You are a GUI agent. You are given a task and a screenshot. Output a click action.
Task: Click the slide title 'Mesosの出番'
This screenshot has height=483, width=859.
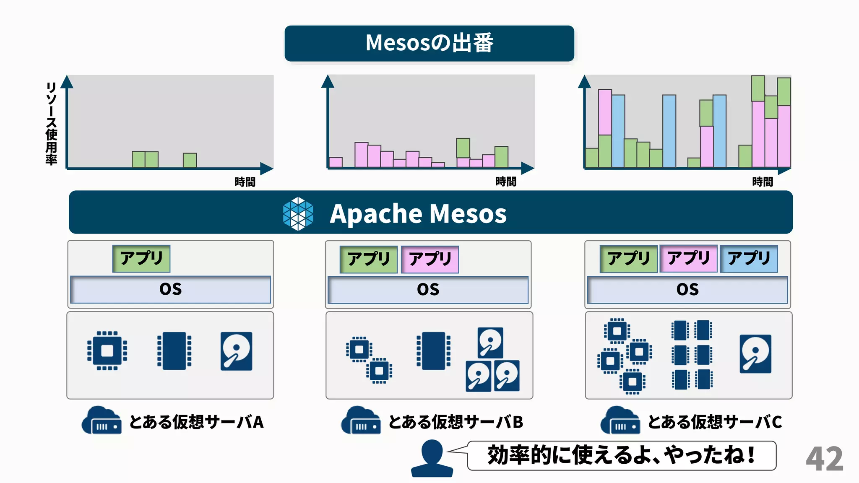coord(429,43)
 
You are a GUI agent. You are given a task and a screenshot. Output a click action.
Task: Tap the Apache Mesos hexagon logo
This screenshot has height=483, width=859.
coord(298,213)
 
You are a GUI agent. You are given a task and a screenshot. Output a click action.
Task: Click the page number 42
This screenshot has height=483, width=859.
coord(824,459)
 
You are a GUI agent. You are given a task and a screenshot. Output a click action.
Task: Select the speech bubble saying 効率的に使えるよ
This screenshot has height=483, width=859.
coord(622,455)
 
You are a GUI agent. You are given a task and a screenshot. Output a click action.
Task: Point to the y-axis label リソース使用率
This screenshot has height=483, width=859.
coord(51,123)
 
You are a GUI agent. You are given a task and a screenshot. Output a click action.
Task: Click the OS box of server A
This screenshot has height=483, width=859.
coord(170,289)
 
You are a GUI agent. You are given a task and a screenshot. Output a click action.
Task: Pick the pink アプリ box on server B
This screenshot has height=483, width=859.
coord(430,259)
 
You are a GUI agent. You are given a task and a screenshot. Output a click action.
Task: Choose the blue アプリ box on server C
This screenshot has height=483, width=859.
coord(749,259)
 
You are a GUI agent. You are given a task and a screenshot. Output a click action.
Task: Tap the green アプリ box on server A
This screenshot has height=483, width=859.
coord(141,258)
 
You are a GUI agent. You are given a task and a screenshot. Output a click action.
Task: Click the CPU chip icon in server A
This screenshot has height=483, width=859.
coord(107,351)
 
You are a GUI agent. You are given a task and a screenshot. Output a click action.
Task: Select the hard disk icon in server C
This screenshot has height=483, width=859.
coord(755,353)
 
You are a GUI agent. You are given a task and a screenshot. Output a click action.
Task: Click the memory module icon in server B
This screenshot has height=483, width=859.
coord(433,351)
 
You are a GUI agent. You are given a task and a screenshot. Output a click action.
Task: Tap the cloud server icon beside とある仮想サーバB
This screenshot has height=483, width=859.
coord(361,421)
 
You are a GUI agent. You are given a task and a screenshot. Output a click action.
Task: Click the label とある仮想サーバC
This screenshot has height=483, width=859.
coord(715,422)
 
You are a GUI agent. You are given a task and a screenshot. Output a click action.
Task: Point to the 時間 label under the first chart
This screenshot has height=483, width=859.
coord(245,182)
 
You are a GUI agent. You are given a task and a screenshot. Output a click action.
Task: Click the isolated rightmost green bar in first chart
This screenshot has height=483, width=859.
coord(190,160)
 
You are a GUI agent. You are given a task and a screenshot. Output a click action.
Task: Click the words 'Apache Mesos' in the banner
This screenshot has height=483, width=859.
coord(418,214)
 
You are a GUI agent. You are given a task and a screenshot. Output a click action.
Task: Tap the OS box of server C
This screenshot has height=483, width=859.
coord(687,289)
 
